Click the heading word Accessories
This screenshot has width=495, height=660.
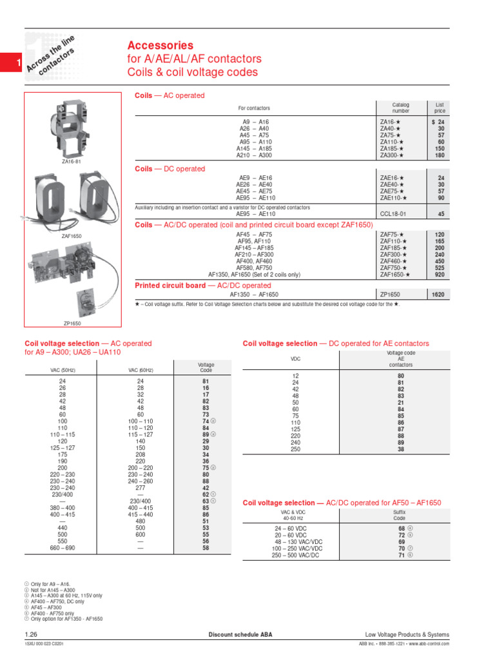click(x=160, y=46)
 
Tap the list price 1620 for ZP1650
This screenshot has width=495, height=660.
click(x=438, y=294)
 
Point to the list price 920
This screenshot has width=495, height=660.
click(x=440, y=275)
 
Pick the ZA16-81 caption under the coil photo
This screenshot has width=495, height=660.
click(x=71, y=162)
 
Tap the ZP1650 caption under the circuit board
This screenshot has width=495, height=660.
click(x=72, y=323)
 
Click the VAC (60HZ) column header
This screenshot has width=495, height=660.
click(x=141, y=370)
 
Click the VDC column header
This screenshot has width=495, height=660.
click(x=296, y=359)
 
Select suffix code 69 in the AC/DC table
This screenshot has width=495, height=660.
click(x=400, y=541)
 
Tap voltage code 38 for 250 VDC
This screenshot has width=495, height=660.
click(x=400, y=449)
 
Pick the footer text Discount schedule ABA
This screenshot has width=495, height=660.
click(x=240, y=635)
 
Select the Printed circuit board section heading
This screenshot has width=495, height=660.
click(x=202, y=286)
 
